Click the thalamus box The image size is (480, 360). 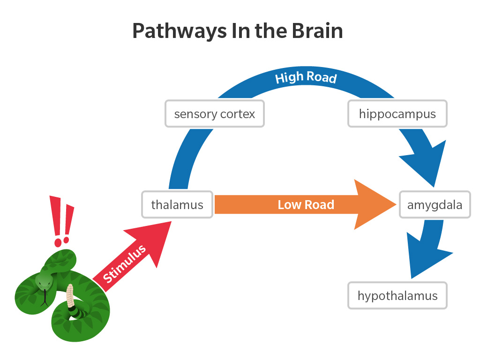pos(177,205)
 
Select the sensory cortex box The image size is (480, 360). pos(215,114)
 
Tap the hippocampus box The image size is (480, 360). pos(397,114)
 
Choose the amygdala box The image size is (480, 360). pos(435,205)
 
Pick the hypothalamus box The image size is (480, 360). pos(397,296)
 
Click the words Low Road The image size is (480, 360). pos(306,205)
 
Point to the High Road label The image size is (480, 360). pos(306,77)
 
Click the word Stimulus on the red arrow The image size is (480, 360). pos(124,264)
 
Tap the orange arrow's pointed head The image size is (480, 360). pos(375,204)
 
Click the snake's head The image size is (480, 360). pos(44,281)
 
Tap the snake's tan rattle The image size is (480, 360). pos(71,295)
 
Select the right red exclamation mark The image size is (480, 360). pos(68,222)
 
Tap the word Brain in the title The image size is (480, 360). pos(317,31)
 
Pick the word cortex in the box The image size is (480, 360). pos(239,114)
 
